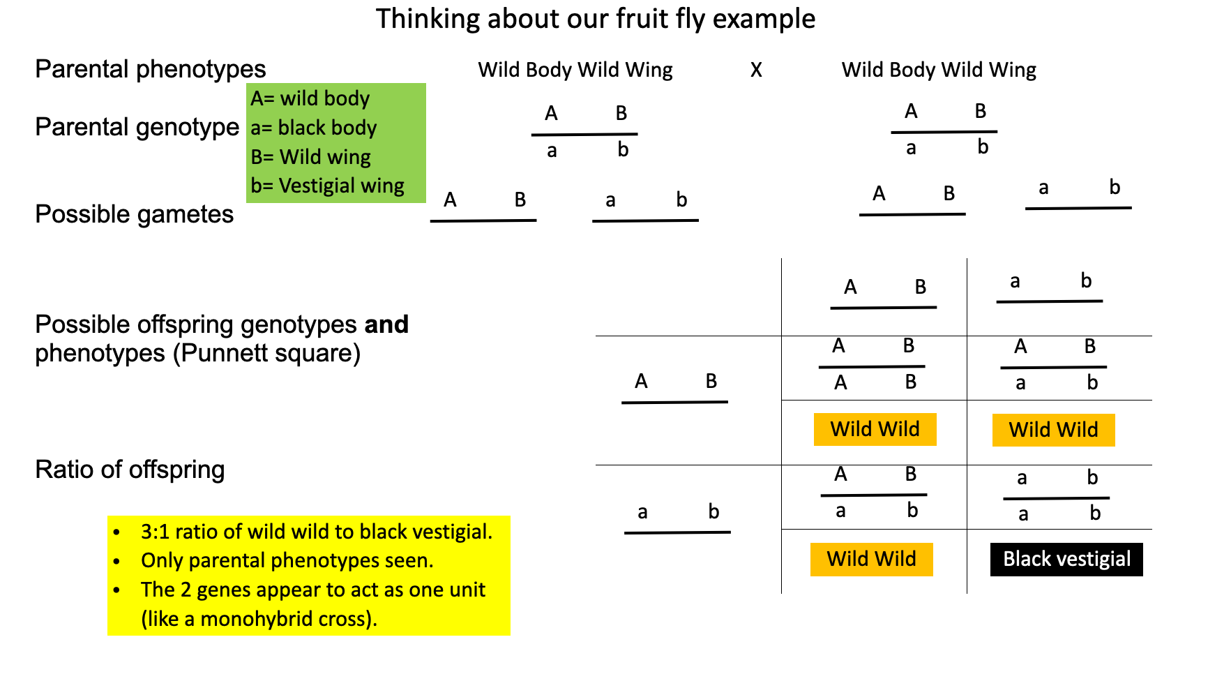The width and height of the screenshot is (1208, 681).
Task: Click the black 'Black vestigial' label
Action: click(1066, 559)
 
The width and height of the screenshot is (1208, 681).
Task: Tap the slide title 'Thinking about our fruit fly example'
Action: click(595, 19)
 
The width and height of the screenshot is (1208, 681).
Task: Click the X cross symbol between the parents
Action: click(756, 70)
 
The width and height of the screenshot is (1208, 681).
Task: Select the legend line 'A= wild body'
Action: click(310, 98)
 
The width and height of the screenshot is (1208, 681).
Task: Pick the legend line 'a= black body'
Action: click(314, 128)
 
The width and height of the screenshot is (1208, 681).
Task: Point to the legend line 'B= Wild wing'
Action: click(311, 157)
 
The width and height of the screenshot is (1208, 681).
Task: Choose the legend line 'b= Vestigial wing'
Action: click(328, 186)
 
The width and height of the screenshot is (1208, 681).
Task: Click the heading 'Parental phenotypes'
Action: click(151, 69)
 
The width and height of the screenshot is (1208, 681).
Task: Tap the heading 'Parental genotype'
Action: click(137, 127)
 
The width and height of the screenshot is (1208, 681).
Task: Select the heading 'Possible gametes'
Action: click(135, 214)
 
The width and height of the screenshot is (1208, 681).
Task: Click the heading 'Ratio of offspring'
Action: click(130, 470)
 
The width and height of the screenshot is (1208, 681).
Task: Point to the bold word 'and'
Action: click(386, 324)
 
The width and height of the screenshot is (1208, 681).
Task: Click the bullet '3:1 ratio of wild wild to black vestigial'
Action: click(317, 532)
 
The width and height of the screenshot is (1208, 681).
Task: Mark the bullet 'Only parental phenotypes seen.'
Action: click(287, 560)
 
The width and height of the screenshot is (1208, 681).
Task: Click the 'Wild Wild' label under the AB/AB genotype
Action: click(875, 429)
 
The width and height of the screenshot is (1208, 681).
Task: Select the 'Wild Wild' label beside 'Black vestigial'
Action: click(871, 559)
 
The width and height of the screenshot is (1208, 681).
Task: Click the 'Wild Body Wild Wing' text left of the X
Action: click(575, 70)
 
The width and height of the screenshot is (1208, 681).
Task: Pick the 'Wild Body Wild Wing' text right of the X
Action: click(939, 70)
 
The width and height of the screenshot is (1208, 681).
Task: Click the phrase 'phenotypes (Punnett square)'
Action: click(198, 353)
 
